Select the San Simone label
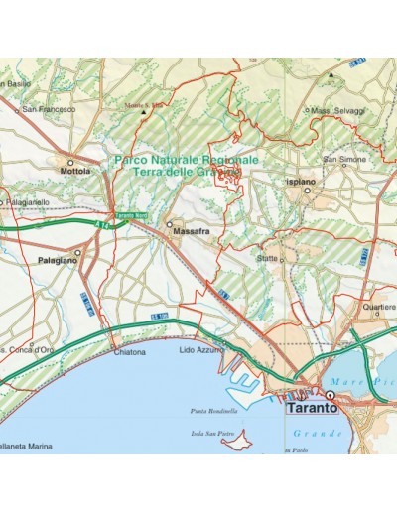[x=344, y=159]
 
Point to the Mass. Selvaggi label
[x=337, y=110]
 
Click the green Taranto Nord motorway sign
[x=130, y=216]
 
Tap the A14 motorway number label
[x=108, y=226]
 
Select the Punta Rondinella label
[x=215, y=411]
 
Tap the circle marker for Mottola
[x=71, y=159]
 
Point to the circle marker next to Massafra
[x=169, y=225]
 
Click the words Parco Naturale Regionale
[x=186, y=159]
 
